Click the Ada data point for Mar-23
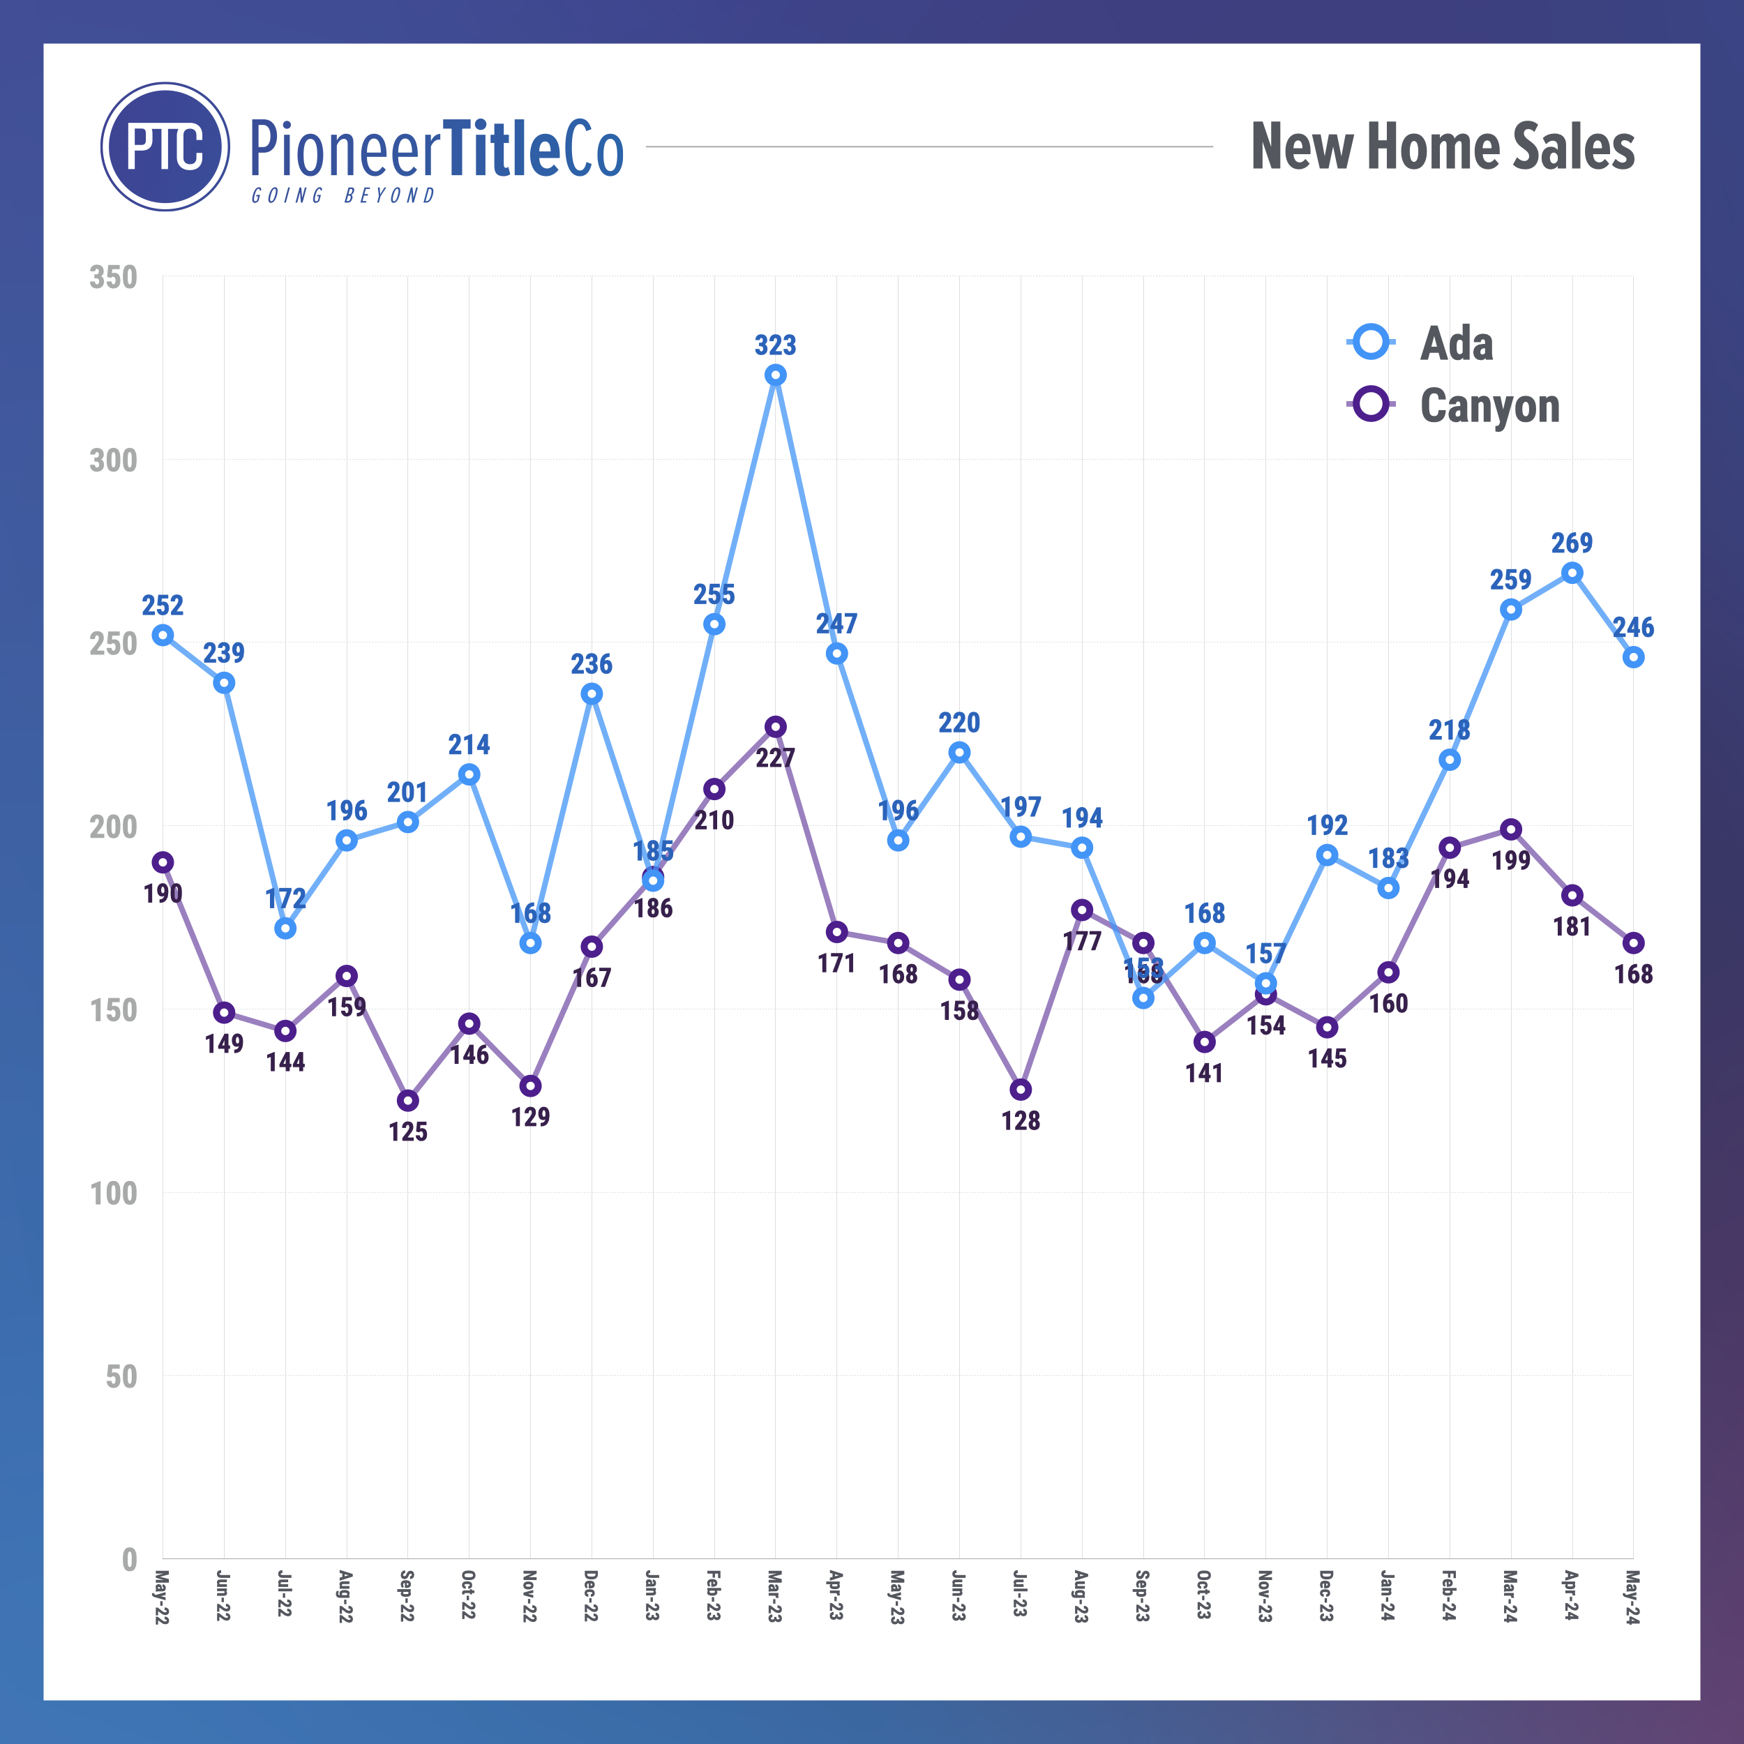pyautogui.click(x=776, y=375)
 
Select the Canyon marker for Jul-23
pyautogui.click(x=1021, y=1090)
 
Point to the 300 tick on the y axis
pyautogui.click(x=114, y=460)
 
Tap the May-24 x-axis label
pyautogui.click(x=1633, y=1597)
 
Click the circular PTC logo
pyautogui.click(x=165, y=147)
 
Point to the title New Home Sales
pyautogui.click(x=1443, y=147)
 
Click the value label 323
pyautogui.click(x=776, y=345)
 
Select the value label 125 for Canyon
pyautogui.click(x=408, y=1132)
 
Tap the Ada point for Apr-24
pyautogui.click(x=1572, y=573)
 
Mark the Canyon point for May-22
pyautogui.click(x=163, y=863)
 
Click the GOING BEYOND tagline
pyautogui.click(x=343, y=196)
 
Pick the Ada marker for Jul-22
pyautogui.click(x=285, y=929)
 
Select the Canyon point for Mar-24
pyautogui.click(x=1511, y=829)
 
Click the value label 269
pyautogui.click(x=1572, y=543)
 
